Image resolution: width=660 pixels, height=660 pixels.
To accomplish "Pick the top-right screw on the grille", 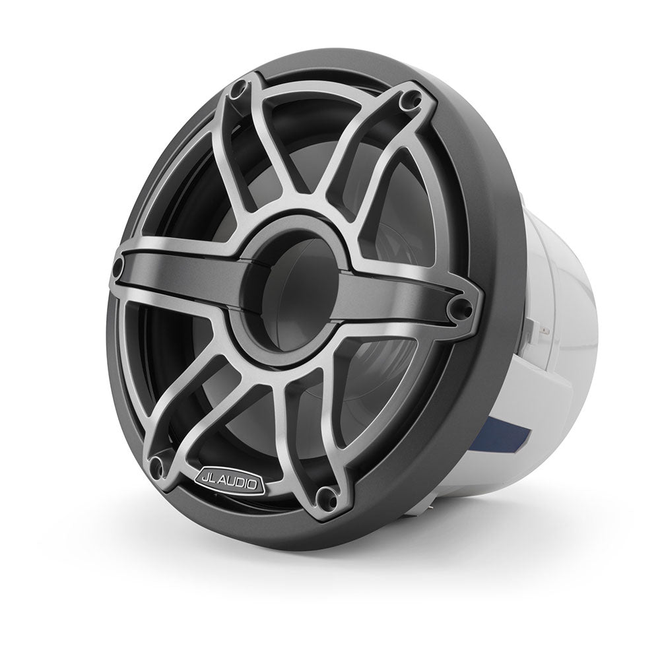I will tap(414, 99).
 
